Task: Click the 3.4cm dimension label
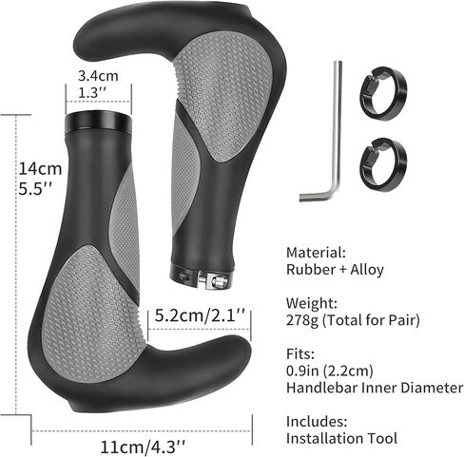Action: coord(98,76)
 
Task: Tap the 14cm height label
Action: coord(40,168)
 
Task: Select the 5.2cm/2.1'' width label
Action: coord(200,315)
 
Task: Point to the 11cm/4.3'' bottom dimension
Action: coord(143,447)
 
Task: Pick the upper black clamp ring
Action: coord(383,93)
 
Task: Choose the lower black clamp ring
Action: coord(383,164)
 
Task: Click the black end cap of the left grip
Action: coord(98,122)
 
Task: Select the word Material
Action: coord(316,253)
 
